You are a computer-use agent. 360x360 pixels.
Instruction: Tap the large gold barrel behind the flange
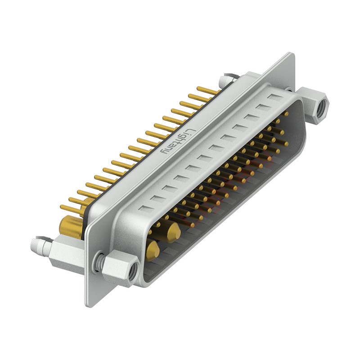click(x=71, y=227)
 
